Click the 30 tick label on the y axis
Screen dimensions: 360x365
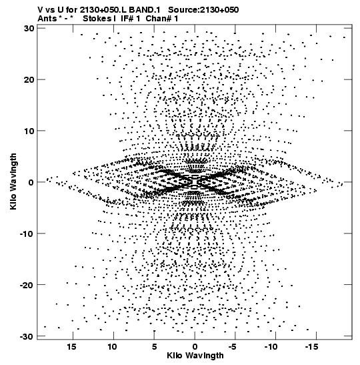[x=29, y=29]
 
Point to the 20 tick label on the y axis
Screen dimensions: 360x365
[x=29, y=79]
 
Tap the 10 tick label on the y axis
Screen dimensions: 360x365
[x=29, y=131]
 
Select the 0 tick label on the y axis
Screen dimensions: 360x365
[x=31, y=182]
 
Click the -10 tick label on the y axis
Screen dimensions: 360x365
[x=27, y=234]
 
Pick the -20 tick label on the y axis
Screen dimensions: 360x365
[x=27, y=285]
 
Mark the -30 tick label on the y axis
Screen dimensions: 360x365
[x=27, y=336]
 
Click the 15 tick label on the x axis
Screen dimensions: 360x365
[x=71, y=347]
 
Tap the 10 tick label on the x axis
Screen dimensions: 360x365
[x=112, y=347]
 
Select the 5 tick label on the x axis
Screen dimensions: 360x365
[x=155, y=347]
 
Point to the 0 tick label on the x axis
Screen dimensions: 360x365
[x=195, y=347]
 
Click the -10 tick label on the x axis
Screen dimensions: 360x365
[x=271, y=347]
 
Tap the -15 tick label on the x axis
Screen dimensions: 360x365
[x=311, y=347]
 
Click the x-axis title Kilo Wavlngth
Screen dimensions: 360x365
[x=195, y=356]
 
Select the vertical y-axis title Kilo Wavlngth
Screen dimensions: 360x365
[x=13, y=181]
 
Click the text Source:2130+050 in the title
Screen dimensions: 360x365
[x=203, y=10]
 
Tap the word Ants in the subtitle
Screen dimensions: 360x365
[x=47, y=19]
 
